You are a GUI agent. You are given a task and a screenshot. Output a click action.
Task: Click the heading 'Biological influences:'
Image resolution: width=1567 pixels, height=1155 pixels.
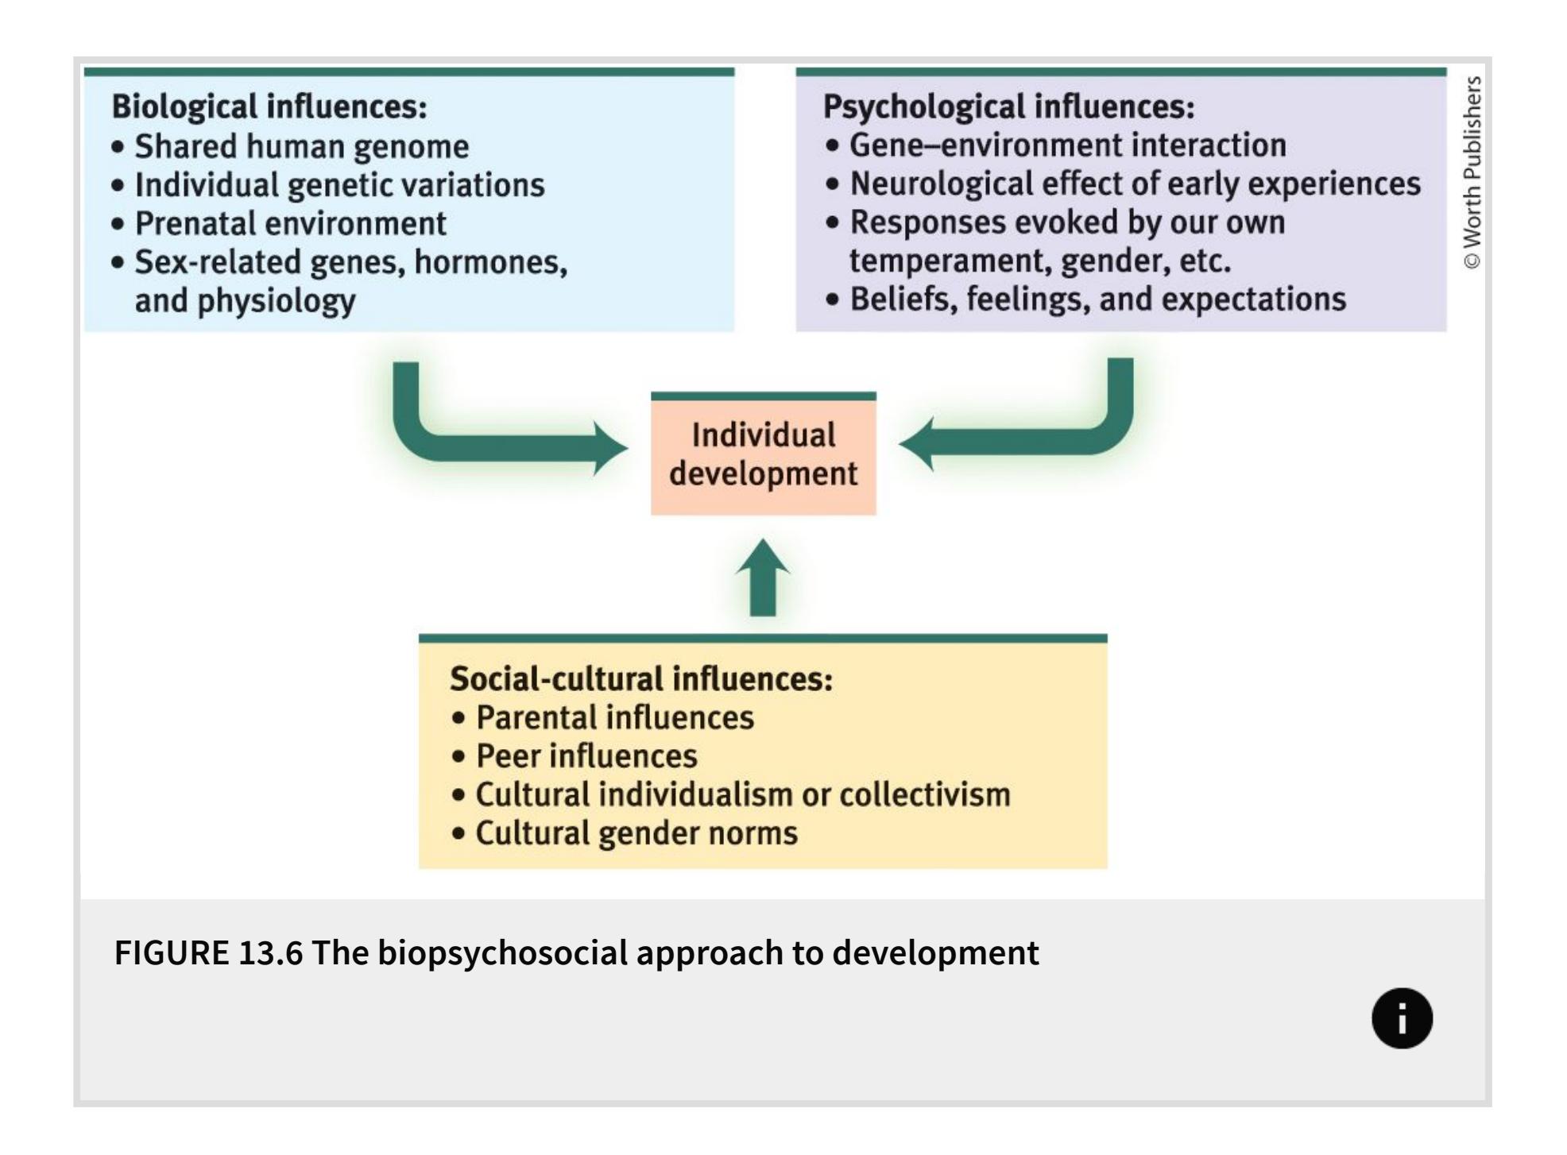tap(269, 106)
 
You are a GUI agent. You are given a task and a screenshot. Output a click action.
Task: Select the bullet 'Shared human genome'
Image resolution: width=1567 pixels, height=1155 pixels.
tap(301, 146)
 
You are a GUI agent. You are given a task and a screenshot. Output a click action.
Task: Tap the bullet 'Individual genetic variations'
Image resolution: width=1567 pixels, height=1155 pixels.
tap(339, 185)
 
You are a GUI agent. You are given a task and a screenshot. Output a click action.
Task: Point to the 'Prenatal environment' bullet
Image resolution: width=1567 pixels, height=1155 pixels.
tap(290, 223)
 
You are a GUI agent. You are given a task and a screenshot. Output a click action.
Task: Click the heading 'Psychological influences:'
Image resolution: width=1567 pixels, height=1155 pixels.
tap(1008, 106)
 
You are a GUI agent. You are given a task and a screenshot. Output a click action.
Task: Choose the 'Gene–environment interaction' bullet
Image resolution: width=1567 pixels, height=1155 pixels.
tap(1067, 145)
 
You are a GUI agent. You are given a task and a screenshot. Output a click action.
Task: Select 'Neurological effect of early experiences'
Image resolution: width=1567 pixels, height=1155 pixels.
tap(1135, 183)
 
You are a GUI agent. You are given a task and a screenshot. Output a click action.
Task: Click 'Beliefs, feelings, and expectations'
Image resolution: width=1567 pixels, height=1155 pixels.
tap(1097, 299)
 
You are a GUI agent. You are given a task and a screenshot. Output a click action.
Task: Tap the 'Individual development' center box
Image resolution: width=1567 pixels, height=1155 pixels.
tap(763, 454)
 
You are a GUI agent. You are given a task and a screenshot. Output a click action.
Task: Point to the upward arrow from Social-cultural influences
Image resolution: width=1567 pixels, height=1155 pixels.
tap(763, 580)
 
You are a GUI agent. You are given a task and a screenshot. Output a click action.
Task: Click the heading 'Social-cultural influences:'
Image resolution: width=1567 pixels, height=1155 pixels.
tap(640, 679)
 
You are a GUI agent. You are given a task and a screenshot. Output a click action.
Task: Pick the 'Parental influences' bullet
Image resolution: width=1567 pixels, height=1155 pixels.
tap(614, 717)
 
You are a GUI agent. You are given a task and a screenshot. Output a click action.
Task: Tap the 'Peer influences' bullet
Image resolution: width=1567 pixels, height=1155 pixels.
tap(586, 756)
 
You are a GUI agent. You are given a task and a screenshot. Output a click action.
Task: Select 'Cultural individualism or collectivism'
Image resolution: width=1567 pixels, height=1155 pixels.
tap(742, 794)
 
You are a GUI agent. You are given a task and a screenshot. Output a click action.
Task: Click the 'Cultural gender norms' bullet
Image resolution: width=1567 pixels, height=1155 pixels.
tap(636, 833)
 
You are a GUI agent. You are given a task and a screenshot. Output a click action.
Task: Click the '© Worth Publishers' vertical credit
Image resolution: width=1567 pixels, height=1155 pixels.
tap(1472, 172)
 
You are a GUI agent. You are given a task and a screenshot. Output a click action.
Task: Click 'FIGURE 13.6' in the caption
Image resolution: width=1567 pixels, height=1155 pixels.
tap(209, 952)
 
